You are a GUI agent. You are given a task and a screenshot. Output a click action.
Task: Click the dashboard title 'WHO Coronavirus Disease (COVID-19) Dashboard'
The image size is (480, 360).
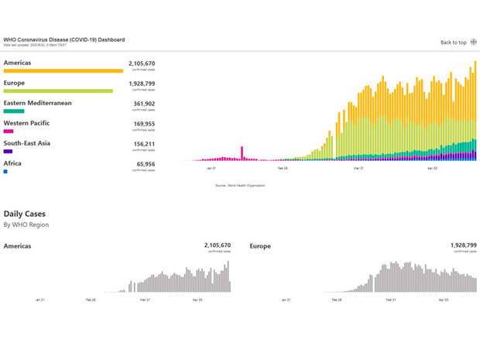coord(64,39)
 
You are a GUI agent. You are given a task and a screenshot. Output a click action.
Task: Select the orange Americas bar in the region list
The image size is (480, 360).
coord(63,70)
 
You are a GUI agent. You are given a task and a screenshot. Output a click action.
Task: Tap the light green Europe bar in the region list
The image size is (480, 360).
coord(58,91)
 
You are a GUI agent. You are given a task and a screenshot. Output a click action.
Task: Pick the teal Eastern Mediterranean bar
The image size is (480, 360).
coord(14,111)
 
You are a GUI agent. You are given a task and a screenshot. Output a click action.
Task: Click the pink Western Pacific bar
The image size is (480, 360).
coord(9,131)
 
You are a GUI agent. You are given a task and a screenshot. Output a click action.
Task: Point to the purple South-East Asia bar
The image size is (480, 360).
coord(8,151)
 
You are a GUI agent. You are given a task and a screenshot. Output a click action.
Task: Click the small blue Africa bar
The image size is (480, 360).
coord(5,171)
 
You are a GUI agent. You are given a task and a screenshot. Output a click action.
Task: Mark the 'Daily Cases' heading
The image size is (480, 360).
coord(24,213)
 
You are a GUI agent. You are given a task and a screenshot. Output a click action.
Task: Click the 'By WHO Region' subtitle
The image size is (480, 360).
coord(26,225)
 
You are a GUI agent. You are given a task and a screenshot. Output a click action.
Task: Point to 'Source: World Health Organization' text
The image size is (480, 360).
coord(240,186)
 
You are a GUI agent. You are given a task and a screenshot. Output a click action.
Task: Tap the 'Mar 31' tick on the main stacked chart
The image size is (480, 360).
coord(358,167)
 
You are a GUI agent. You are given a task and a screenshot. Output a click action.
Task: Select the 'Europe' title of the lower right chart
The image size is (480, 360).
coord(260,245)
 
